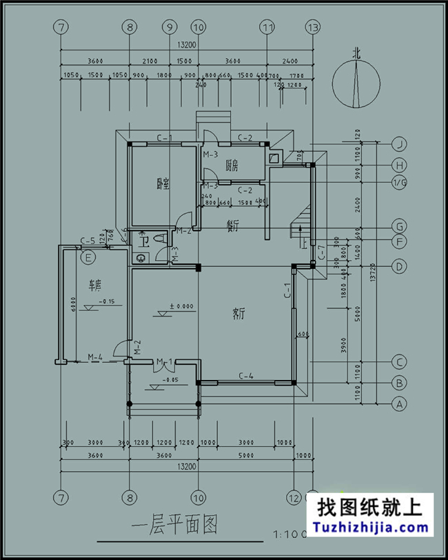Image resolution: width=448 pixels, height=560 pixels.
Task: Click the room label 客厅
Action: pos(239,314)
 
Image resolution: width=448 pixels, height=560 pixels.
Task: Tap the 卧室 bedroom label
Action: pos(163,183)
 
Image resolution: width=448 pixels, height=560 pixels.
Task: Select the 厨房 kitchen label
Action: pos(232,166)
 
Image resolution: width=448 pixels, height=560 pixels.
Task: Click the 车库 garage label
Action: pos(94,284)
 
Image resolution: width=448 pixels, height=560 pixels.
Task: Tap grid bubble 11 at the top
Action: pos(267,28)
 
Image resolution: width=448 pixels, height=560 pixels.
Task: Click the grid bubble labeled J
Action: pos(398,144)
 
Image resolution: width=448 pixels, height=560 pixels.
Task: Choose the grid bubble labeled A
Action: pos(398,404)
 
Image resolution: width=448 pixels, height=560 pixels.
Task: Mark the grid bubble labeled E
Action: pos(88,258)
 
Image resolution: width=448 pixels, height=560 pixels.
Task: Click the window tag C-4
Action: pos(245,376)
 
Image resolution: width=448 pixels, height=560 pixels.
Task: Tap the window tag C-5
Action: pos(88,241)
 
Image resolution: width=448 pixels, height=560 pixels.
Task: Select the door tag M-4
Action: pos(94,357)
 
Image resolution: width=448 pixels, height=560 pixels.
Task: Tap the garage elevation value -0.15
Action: pos(106,301)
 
